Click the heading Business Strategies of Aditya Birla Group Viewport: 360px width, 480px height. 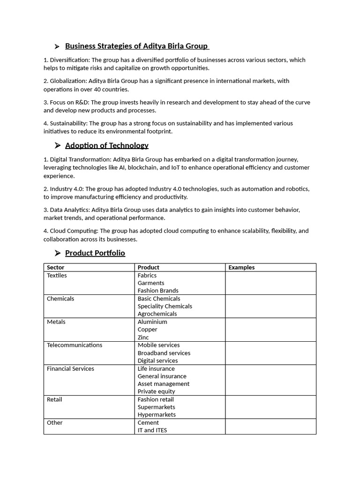pos(136,46)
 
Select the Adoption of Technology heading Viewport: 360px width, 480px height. pos(106,145)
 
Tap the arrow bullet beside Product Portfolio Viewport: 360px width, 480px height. pos(57,253)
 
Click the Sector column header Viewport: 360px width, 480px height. pos(56,268)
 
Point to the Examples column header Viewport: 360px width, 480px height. pos(241,268)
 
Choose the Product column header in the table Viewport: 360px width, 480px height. pos(148,268)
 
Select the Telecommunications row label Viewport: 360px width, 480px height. pos(74,345)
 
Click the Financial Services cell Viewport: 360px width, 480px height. pos(70,368)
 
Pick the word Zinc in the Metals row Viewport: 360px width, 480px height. pos(143,337)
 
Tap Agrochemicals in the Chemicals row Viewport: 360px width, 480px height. pos(157,314)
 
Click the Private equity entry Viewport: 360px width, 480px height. pos(156,391)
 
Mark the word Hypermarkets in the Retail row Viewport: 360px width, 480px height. pos(157,415)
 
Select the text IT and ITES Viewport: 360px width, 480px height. pos(152,430)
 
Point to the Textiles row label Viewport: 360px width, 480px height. pos(57,276)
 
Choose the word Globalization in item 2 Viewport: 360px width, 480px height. pos(67,81)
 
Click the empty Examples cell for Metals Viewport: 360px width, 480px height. pos(270,330)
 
